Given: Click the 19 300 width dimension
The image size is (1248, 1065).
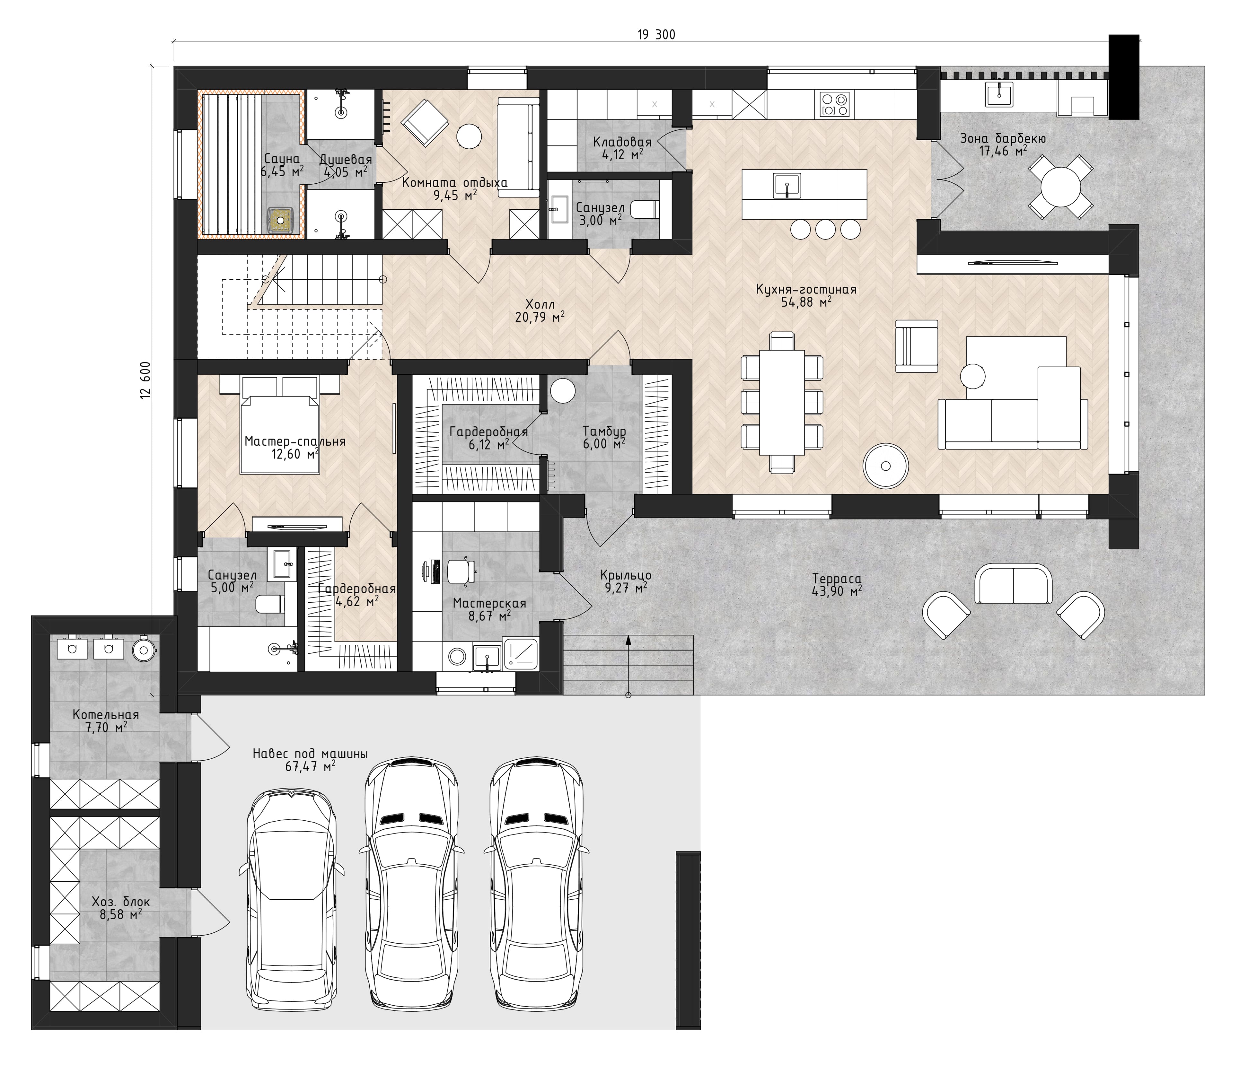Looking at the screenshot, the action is [656, 35].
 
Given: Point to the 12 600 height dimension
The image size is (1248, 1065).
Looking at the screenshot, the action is [145, 380].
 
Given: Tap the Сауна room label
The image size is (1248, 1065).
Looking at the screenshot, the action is [281, 159].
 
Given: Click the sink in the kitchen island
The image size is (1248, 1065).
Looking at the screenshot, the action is [787, 186].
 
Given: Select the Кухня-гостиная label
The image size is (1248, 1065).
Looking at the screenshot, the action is [806, 290].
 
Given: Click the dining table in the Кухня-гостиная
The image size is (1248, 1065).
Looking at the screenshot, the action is [782, 402].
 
